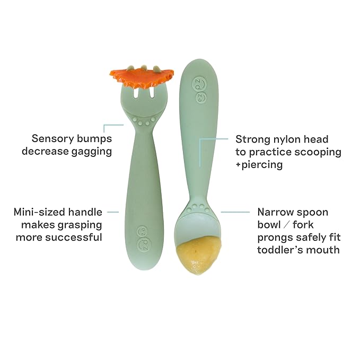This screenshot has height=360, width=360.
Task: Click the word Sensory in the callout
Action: (51, 138)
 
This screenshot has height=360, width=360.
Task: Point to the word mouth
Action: (323, 249)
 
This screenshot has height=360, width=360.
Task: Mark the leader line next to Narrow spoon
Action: (235, 212)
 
